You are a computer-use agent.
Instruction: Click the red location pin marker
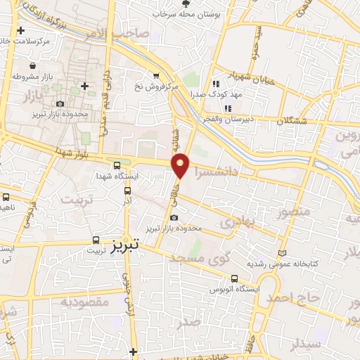[x=181, y=165]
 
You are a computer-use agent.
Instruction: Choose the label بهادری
[x=236, y=222]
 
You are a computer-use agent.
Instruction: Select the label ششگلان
[x=302, y=122]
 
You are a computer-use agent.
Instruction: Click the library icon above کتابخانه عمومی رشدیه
[x=283, y=252]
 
